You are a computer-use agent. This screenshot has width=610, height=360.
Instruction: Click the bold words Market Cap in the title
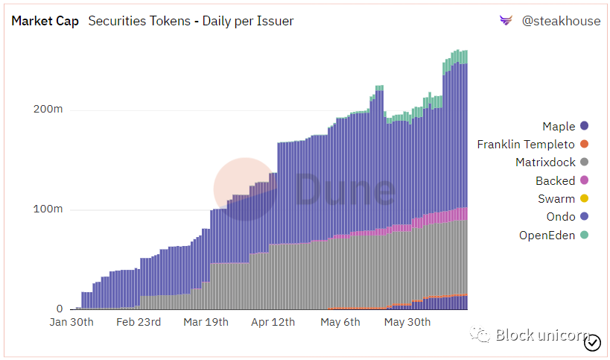click(x=45, y=21)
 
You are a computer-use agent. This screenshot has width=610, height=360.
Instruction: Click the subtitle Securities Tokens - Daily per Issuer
click(x=191, y=21)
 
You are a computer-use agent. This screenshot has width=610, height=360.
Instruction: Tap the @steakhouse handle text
click(x=561, y=21)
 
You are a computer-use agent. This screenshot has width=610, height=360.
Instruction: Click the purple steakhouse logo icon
click(x=506, y=21)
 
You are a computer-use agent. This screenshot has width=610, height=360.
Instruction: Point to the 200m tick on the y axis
click(x=48, y=110)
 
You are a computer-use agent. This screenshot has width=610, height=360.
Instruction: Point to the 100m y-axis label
click(x=48, y=209)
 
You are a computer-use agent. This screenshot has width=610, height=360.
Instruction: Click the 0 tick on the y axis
click(x=60, y=309)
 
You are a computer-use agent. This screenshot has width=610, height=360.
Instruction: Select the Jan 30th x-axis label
click(x=72, y=322)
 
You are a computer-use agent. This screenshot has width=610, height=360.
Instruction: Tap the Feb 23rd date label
click(x=138, y=322)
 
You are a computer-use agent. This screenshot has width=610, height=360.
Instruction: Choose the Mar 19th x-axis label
click(x=205, y=322)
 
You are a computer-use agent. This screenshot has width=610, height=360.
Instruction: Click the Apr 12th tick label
click(x=273, y=322)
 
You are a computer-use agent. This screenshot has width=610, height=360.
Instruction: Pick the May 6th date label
click(x=340, y=322)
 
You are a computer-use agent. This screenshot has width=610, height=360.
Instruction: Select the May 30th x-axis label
click(x=407, y=322)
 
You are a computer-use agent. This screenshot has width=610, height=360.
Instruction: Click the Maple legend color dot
click(x=585, y=127)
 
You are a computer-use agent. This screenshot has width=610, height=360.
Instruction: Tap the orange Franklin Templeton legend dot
click(x=585, y=145)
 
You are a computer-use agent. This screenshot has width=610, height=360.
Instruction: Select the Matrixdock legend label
click(x=545, y=162)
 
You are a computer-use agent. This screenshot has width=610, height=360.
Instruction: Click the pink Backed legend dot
click(x=585, y=180)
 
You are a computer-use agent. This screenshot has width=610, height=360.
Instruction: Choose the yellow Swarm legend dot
click(x=585, y=199)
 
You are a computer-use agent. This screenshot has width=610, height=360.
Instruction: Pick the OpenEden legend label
click(x=547, y=236)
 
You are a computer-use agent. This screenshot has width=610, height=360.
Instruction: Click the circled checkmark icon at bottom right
click(x=593, y=343)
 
